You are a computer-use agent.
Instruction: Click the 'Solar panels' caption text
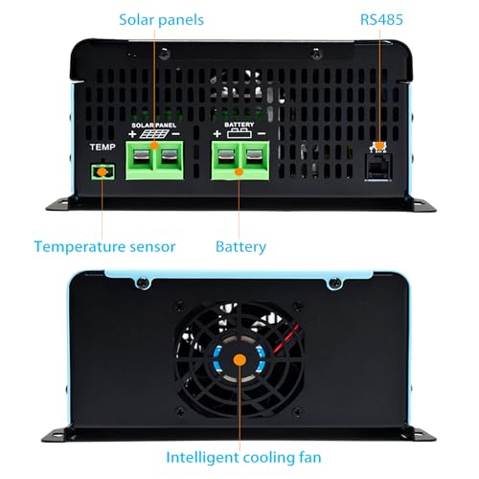161,20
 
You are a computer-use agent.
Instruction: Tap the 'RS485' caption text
381,20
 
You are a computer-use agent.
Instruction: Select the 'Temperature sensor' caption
104,247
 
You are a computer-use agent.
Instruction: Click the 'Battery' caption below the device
240,247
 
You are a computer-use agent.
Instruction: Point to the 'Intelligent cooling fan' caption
243,457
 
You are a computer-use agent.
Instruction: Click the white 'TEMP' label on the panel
103,148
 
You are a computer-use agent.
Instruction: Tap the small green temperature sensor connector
103,172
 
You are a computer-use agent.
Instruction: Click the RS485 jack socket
378,168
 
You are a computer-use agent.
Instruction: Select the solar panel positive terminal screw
141,156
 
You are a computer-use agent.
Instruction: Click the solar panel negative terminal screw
170,156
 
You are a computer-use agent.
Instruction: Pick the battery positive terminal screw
226,156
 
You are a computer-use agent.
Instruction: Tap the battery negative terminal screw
255,156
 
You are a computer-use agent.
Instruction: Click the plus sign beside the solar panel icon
132,134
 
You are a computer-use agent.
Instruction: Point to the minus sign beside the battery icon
262,133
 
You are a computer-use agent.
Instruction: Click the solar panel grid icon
154,134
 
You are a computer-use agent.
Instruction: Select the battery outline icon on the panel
239,133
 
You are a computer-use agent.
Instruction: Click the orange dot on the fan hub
239,360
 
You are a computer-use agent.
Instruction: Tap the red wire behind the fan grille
288,338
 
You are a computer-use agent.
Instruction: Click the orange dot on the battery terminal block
239,172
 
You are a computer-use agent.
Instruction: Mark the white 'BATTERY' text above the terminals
239,125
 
